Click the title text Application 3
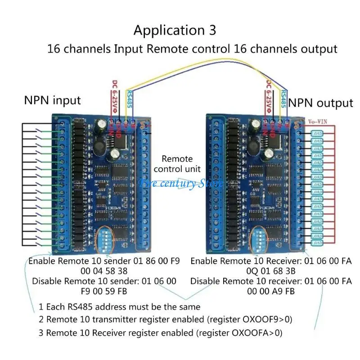(x=175, y=31)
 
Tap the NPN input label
(x=52, y=100)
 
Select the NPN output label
(x=320, y=103)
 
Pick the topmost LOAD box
(x=317, y=134)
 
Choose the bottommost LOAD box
(x=317, y=243)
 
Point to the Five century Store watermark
(x=180, y=184)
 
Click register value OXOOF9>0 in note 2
(x=262, y=320)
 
